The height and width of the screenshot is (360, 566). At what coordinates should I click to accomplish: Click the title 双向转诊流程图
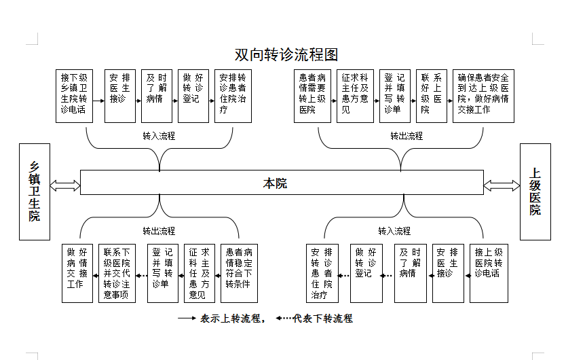[x=286, y=54]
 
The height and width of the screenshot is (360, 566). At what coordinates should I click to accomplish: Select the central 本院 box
[x=282, y=183]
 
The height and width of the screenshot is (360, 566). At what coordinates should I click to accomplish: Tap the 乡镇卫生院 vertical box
[x=35, y=192]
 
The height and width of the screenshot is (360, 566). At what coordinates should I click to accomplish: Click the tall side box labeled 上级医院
[x=535, y=192]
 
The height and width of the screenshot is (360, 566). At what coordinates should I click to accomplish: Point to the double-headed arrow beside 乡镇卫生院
[x=65, y=185]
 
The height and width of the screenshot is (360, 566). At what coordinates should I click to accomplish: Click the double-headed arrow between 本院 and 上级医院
[x=502, y=185]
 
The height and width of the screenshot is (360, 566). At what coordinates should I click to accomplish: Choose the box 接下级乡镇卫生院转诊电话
[x=75, y=96]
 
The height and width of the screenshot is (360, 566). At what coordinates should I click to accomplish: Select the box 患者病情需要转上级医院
[x=312, y=96]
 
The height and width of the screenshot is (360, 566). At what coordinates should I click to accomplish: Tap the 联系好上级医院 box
[x=432, y=96]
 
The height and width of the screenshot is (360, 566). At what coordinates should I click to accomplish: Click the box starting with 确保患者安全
[x=483, y=96]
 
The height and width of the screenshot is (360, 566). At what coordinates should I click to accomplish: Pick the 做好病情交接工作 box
[x=77, y=273]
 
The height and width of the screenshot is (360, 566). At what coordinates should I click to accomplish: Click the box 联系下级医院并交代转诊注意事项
[x=117, y=273]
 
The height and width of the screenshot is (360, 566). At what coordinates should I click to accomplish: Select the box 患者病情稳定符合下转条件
[x=239, y=273]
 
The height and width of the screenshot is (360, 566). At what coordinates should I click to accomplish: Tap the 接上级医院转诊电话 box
[x=489, y=273]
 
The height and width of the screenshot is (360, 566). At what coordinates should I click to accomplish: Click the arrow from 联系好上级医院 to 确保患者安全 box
[x=450, y=101]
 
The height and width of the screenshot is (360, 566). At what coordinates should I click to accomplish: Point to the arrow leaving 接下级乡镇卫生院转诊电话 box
[x=99, y=101]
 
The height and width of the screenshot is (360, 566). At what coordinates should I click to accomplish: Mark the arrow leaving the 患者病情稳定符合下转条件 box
[x=218, y=276]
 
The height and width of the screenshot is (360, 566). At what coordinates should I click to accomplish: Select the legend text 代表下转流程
[x=323, y=319]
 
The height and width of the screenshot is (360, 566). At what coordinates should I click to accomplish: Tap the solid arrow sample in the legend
[x=187, y=319]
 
